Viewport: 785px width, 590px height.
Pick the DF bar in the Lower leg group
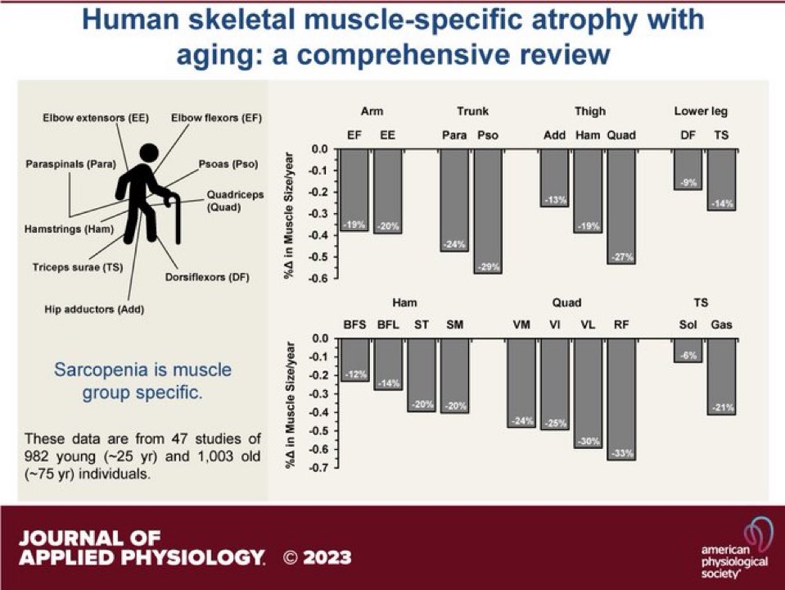click(x=688, y=169)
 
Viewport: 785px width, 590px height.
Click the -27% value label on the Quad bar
click(x=621, y=257)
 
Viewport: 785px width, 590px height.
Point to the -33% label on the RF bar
click(x=621, y=453)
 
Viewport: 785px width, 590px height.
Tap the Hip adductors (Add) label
click(x=88, y=309)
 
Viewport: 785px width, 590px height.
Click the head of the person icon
click(x=149, y=153)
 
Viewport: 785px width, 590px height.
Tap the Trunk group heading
click(x=472, y=111)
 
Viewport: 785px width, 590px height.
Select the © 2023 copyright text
click(x=317, y=558)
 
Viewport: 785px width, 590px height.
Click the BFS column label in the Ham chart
click(x=355, y=324)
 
